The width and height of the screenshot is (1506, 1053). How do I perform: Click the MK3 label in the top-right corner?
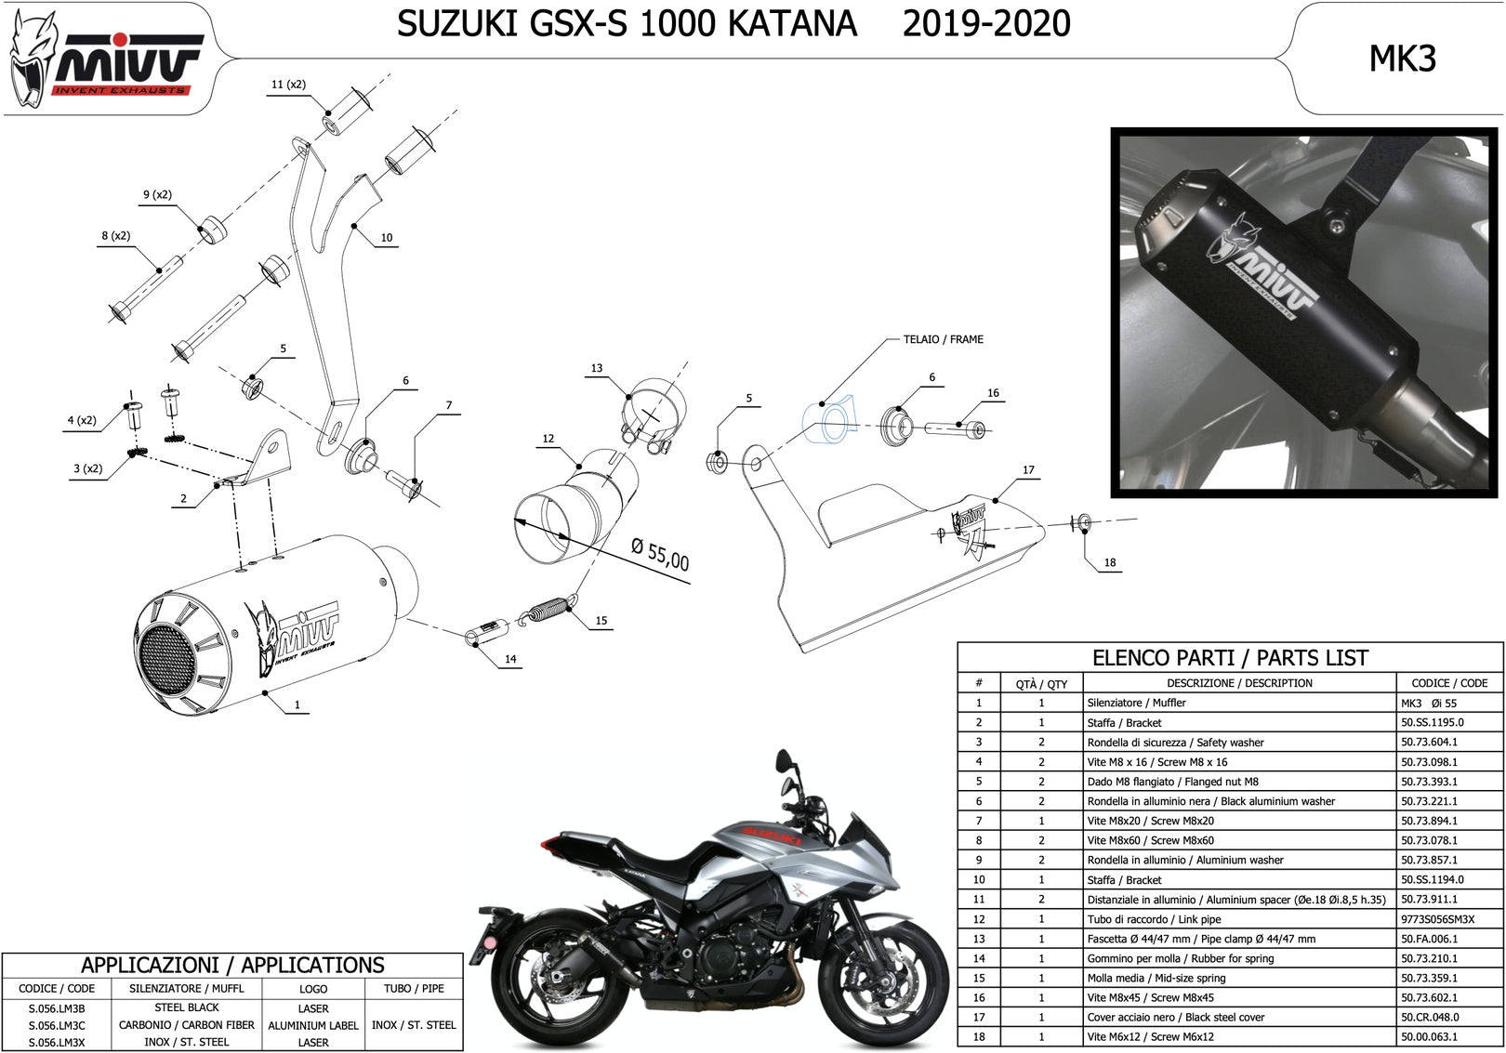tap(1403, 59)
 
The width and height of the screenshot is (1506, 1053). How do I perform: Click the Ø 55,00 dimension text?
tap(660, 555)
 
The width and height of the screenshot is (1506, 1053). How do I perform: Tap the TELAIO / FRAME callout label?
tap(943, 339)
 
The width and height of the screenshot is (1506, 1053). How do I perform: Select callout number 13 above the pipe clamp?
tap(597, 368)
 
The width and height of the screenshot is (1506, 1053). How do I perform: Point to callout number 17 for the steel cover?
tap(1028, 469)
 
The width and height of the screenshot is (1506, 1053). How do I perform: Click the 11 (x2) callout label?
tap(288, 85)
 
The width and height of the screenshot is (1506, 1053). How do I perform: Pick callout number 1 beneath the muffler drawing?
tap(297, 704)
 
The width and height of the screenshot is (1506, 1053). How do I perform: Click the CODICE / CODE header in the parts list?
tap(1449, 683)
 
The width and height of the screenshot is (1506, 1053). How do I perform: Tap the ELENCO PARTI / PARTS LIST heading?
tap(1230, 657)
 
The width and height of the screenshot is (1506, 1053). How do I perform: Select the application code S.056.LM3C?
tap(57, 1025)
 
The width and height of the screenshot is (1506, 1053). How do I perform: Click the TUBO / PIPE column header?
tap(414, 989)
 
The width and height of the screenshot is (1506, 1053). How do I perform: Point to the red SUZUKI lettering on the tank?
tap(771, 836)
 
